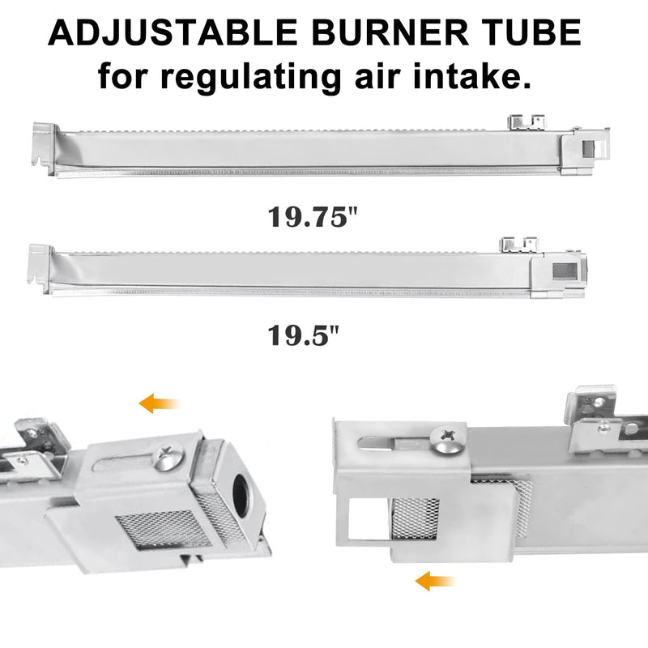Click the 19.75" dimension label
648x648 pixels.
pos(312,218)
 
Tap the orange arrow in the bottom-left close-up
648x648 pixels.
pos(158,403)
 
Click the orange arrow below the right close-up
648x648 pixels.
pos(434,580)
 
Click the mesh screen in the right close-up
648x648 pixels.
pos(415,518)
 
